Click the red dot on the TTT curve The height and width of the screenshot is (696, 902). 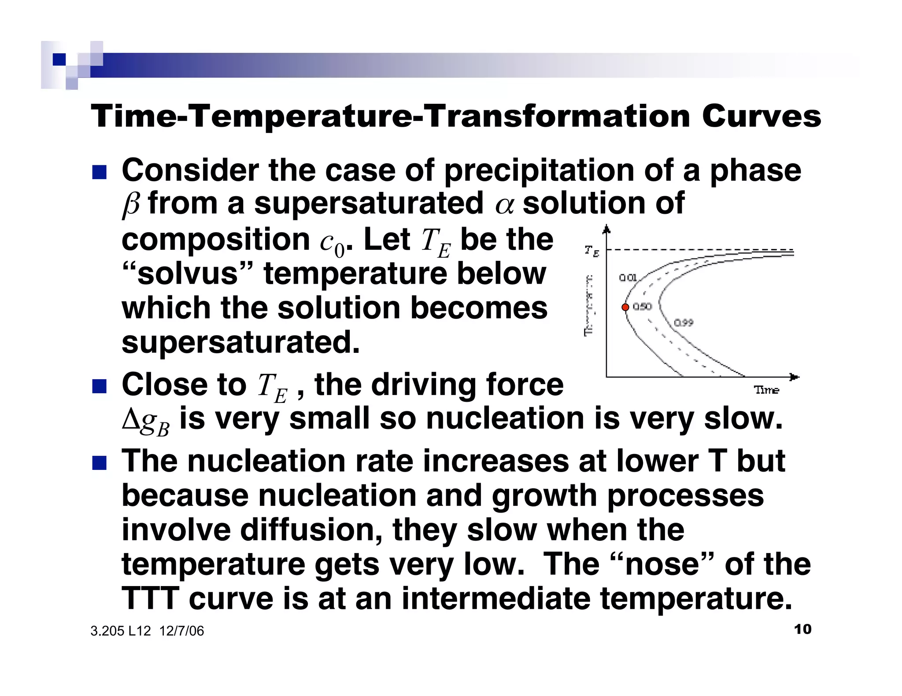(625, 307)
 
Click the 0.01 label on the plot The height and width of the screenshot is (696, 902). (628, 278)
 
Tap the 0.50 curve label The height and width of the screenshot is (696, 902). (642, 307)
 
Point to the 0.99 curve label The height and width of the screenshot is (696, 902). (683, 323)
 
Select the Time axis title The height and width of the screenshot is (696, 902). (766, 390)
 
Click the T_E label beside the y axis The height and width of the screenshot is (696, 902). (591, 251)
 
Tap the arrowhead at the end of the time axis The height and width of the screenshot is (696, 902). (794, 377)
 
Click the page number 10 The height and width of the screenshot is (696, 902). (802, 629)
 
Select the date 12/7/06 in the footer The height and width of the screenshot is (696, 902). (181, 631)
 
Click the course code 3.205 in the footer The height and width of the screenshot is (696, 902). (107, 631)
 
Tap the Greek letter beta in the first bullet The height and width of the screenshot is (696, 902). (131, 204)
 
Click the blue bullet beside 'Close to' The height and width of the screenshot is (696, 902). (100, 387)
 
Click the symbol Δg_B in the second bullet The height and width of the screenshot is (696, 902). (145, 421)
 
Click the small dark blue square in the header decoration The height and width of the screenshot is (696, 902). (59, 59)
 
